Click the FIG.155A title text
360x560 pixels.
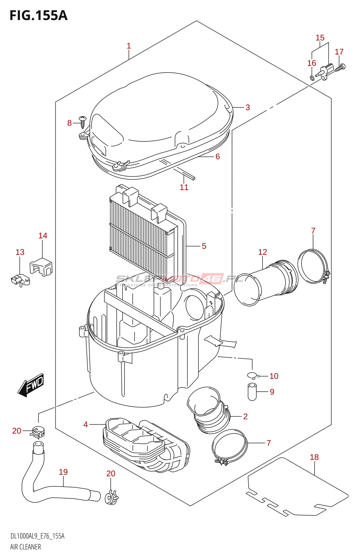(39, 15)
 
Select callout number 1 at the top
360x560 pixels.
(129, 46)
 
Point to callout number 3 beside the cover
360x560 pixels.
(248, 107)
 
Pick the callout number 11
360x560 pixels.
(184, 187)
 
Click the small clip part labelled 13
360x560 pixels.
(20, 280)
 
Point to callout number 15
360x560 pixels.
(320, 38)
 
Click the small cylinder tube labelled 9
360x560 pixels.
(252, 392)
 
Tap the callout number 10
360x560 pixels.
(274, 376)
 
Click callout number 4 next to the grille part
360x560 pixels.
(85, 425)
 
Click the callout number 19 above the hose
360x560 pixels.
(63, 472)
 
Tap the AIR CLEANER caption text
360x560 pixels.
(25, 547)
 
